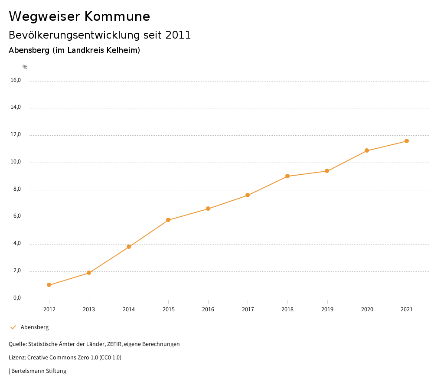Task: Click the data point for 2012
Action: tap(49, 285)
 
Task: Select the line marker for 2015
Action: tap(168, 220)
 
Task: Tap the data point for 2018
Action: tap(287, 176)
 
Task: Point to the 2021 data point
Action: tap(407, 141)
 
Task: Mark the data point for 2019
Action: tap(327, 171)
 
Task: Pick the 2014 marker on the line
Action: tap(129, 247)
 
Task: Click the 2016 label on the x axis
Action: tap(208, 310)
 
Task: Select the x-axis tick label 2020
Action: tap(367, 310)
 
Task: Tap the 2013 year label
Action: tap(89, 310)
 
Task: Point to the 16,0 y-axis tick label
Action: tap(16, 80)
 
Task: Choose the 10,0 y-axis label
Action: tap(16, 162)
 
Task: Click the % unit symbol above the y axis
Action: tap(25, 67)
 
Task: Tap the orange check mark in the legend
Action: tap(13, 327)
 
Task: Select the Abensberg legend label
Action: tap(35, 327)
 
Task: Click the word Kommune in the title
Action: tap(117, 16)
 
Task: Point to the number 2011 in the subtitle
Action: tap(178, 35)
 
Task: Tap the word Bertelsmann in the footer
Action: tap(28, 371)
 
